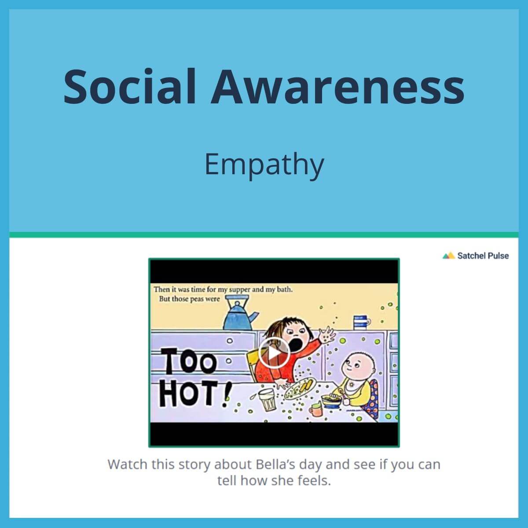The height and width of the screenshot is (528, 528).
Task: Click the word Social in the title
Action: click(130, 86)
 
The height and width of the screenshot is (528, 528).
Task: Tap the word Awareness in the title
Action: click(337, 86)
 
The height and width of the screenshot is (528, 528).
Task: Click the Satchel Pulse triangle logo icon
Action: click(448, 256)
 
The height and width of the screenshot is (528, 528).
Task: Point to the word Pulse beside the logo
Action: click(498, 256)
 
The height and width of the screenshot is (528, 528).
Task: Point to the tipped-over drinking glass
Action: click(266, 399)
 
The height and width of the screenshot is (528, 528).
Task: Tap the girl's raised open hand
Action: click(326, 337)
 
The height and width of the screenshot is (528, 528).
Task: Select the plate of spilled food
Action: click(299, 389)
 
